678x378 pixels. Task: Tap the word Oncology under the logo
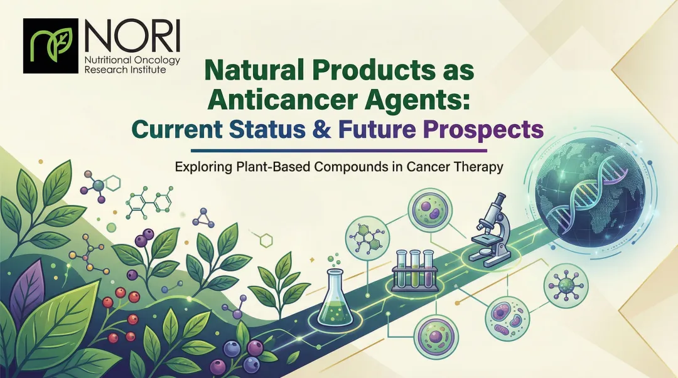[x=153, y=60]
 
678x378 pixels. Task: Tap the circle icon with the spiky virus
[x=566, y=285]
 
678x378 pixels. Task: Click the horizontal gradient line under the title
[x=338, y=150]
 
